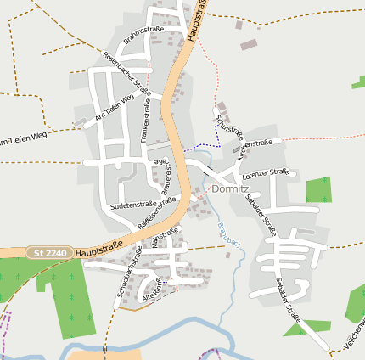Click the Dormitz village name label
click(x=229, y=189)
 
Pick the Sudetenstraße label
click(x=132, y=205)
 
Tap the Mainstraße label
click(x=166, y=238)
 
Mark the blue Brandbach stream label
click(x=226, y=233)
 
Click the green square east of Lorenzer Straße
click(x=317, y=189)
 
